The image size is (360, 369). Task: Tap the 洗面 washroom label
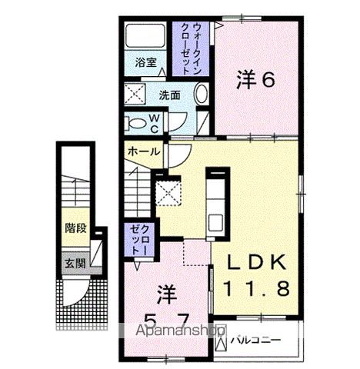coord(169,96)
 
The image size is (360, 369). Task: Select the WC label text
coord(153,122)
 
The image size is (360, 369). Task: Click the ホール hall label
coord(144,151)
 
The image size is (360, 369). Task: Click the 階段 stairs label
coord(75,228)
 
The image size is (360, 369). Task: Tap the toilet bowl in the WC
coord(138,123)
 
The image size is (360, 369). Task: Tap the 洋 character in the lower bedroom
coord(164,294)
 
